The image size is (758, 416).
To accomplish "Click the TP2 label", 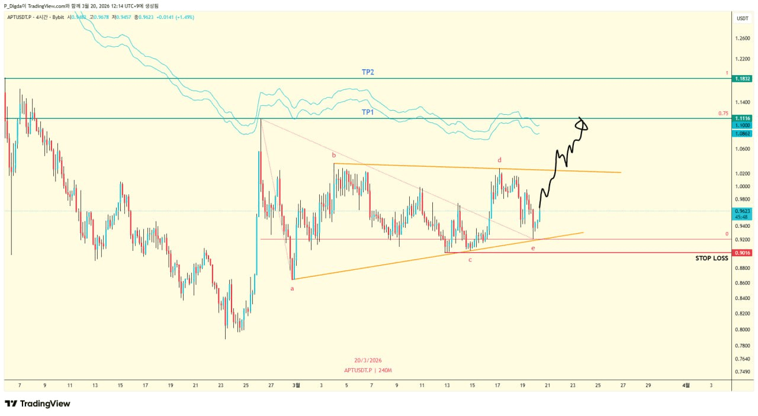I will [368, 72].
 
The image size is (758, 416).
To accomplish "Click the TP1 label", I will [368, 112].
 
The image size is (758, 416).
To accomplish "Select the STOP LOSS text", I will [712, 259].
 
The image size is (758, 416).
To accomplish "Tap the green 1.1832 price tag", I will [742, 79].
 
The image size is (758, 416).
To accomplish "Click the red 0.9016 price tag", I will [742, 253].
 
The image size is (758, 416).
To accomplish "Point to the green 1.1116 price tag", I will [742, 118].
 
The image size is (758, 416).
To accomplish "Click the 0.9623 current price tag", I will [742, 211].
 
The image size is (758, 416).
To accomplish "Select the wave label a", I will [292, 288].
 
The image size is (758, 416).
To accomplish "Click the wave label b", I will [333, 156].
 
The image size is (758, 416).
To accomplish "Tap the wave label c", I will [470, 260].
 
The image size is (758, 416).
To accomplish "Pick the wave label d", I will [500, 160].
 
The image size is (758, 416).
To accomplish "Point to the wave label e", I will [533, 248].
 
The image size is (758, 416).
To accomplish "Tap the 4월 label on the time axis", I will [686, 385].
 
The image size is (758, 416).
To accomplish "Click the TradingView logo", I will [37, 404].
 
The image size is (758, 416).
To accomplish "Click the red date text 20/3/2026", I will [368, 360].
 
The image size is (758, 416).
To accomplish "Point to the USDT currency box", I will [742, 18].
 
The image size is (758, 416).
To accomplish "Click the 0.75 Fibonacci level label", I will [723, 114].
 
